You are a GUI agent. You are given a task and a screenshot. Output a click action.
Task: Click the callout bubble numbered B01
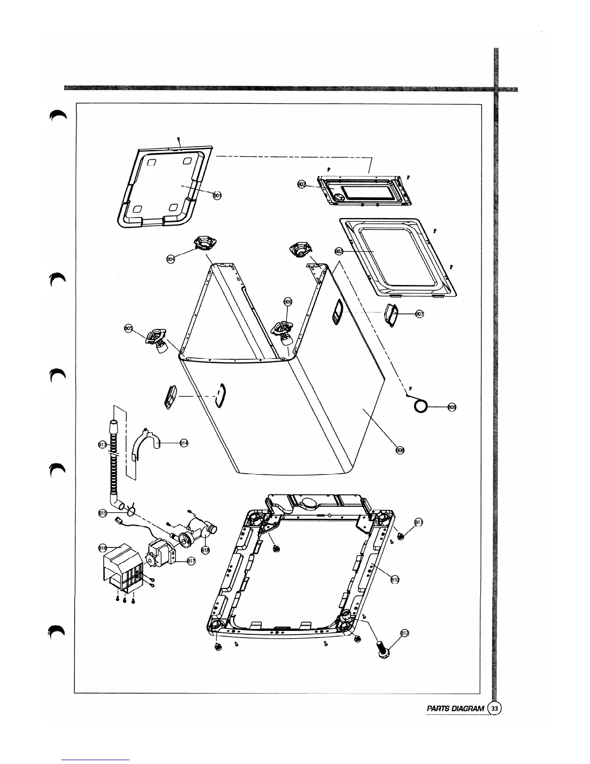point(217,195)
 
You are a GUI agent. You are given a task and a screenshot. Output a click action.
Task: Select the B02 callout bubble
point(301,185)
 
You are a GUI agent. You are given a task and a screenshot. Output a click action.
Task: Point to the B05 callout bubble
point(128,329)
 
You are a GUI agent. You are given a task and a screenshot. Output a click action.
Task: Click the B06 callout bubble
point(287,302)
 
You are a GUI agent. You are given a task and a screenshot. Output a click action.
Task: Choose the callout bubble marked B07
point(419,314)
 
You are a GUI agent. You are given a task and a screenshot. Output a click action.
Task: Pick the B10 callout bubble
point(395,579)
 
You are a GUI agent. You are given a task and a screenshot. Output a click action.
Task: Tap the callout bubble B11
point(419,522)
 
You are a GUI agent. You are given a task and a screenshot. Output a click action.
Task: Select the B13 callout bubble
point(102,444)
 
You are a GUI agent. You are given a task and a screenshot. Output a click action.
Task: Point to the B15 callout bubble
point(102,513)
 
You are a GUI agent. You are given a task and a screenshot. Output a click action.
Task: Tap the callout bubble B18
point(205,551)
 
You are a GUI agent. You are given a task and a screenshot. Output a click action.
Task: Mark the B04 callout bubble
point(170,259)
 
